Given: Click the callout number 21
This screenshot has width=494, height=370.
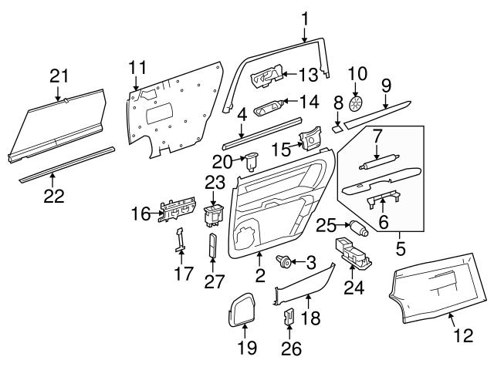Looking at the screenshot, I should pos(59,76).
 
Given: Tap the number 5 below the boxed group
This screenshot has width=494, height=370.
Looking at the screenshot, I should pos(400,251).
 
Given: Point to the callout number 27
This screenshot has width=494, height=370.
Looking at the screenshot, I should pos(213,281).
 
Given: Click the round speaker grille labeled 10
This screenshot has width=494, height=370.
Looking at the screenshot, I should pos(356,103).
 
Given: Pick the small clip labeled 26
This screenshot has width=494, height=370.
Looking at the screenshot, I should pos(290,316).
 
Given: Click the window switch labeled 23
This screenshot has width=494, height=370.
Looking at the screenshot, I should pos(212,214).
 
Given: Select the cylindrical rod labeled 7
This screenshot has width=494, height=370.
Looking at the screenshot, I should pos(377,163).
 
